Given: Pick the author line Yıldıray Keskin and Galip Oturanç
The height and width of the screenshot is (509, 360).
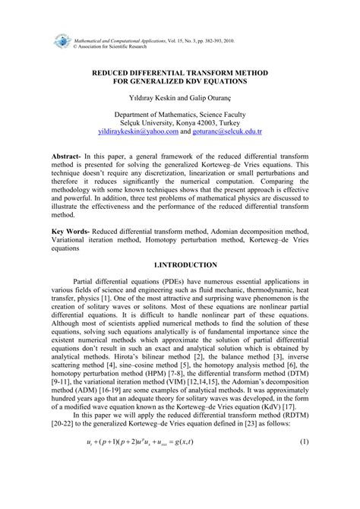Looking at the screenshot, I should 180,90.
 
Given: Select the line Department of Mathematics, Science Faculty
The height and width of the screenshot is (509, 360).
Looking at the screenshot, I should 180,110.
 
